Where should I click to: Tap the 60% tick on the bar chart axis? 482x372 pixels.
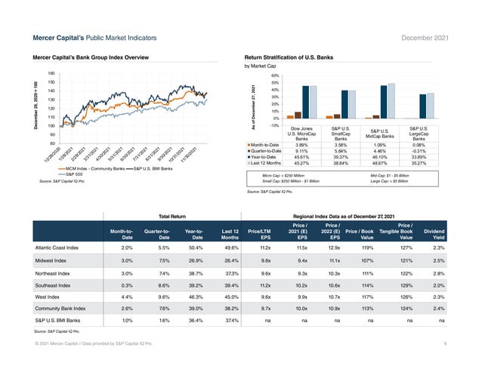276,76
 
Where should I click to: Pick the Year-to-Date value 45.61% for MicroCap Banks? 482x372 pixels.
301,157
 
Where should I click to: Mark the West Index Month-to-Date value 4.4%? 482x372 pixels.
127,297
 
